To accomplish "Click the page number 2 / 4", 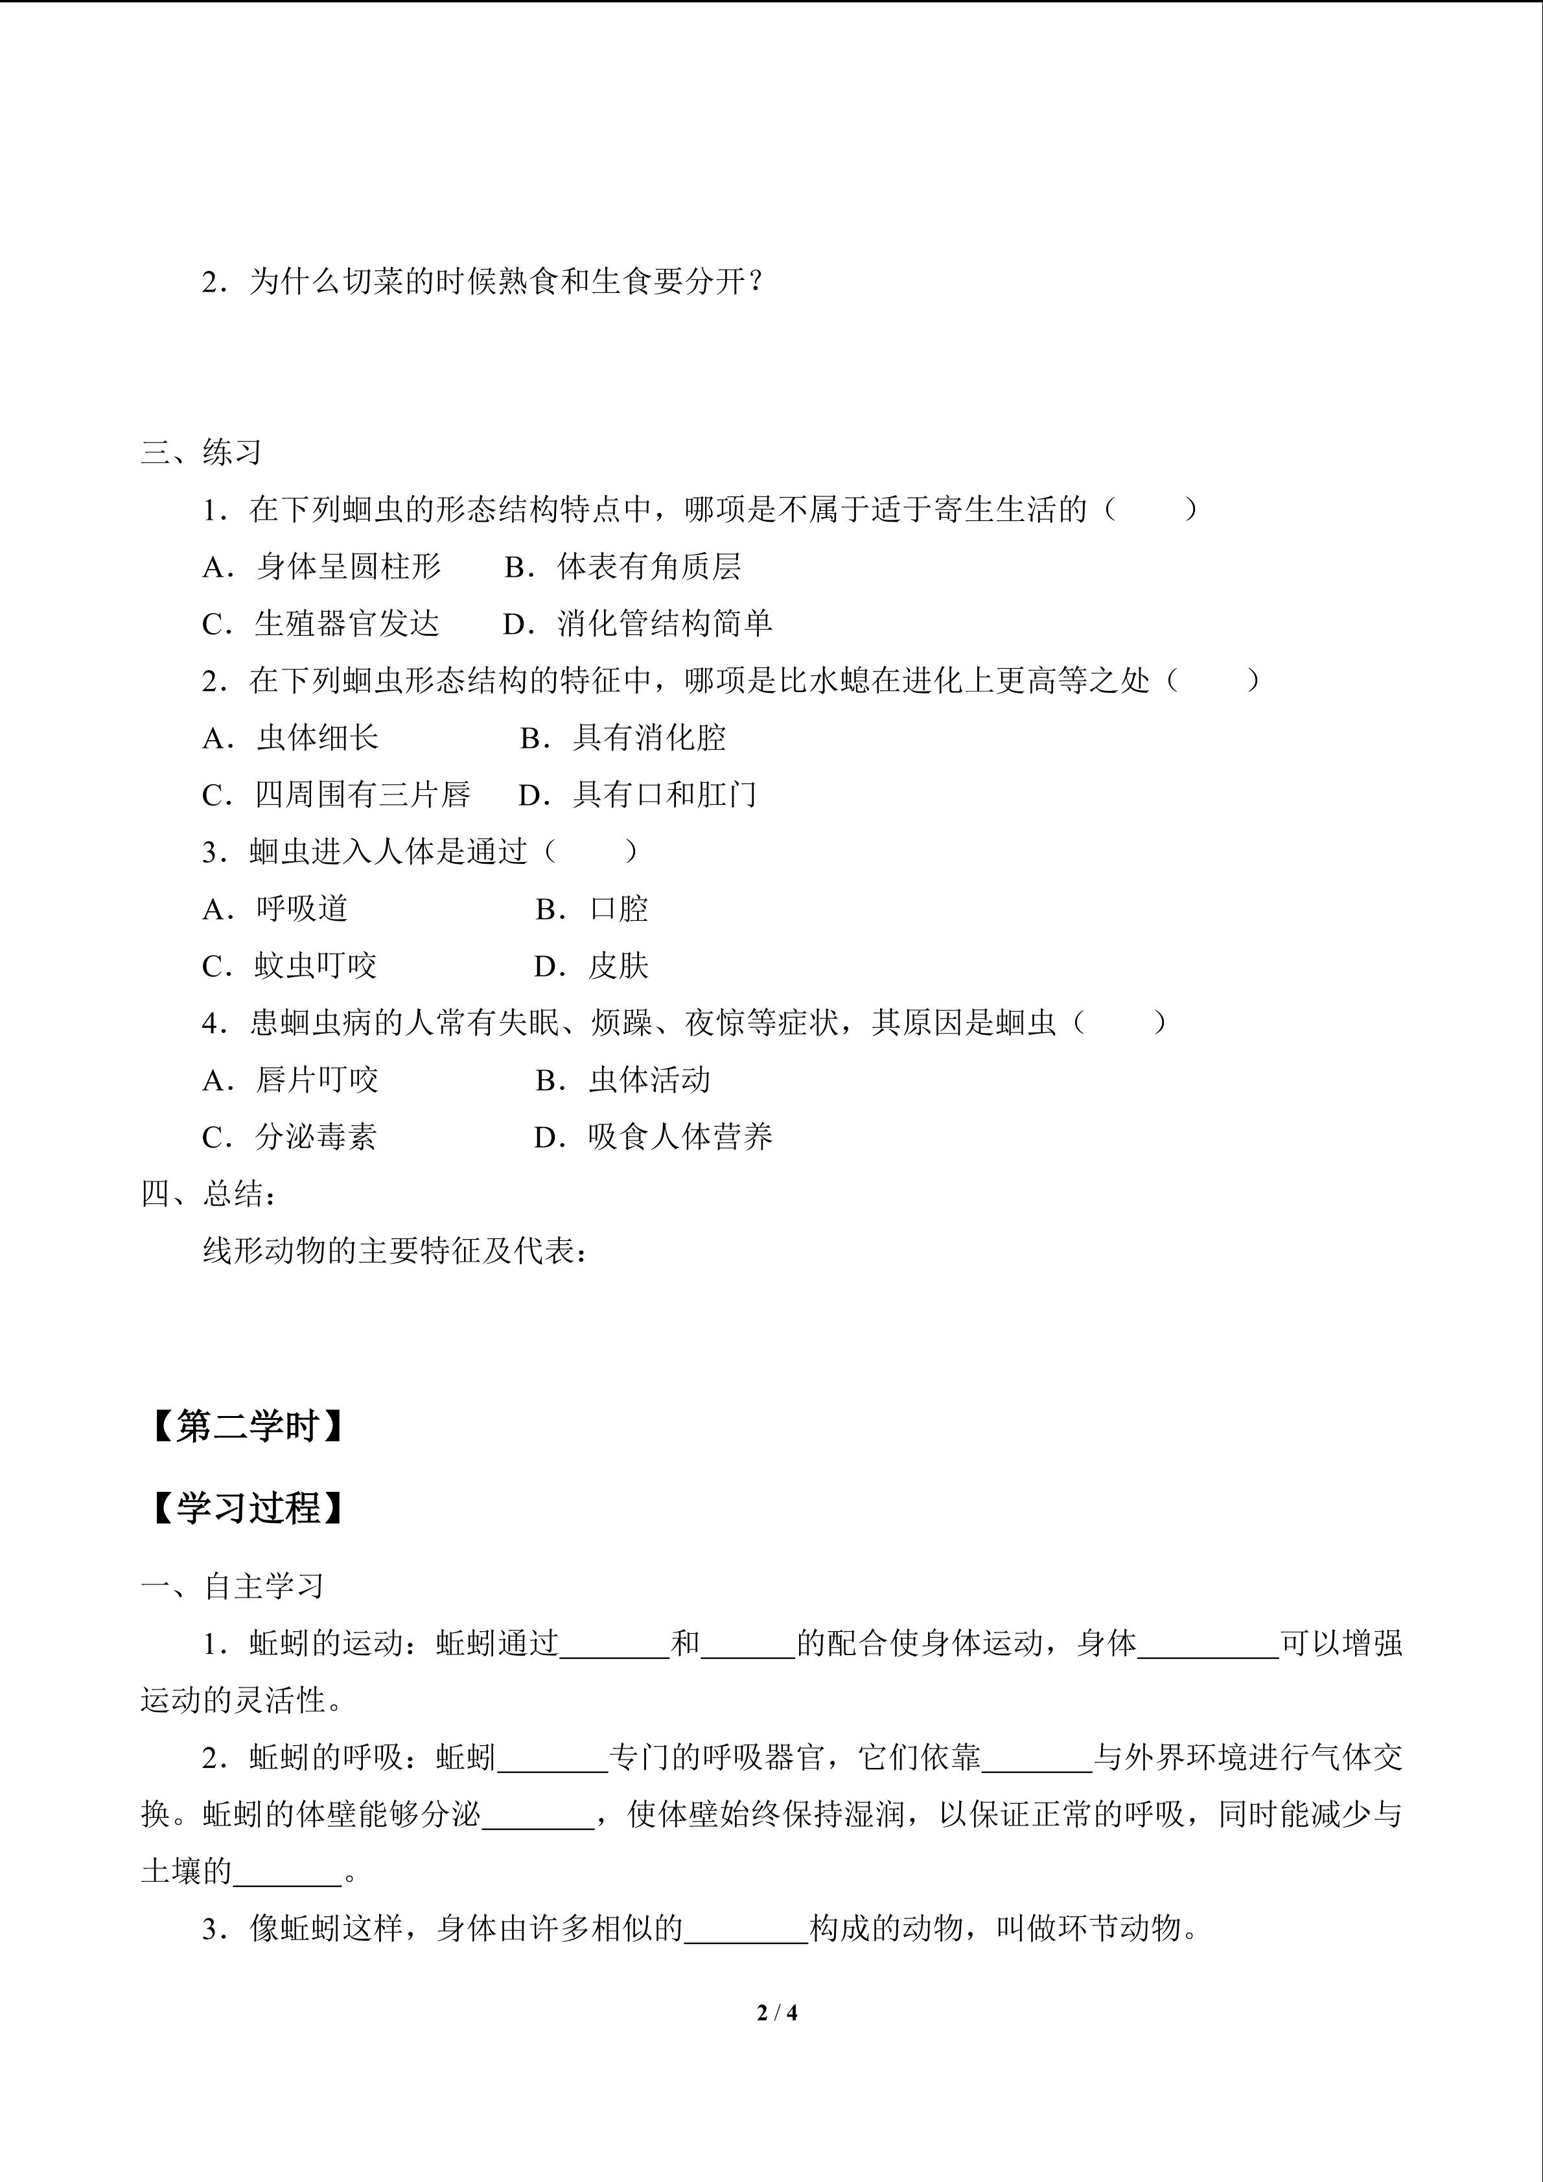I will [x=776, y=2012].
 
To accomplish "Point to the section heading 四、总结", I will [x=209, y=1194].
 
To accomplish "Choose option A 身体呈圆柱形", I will [x=322, y=567].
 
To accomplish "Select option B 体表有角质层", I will [x=623, y=567].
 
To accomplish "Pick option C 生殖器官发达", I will [x=321, y=624].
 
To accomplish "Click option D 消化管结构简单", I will [x=638, y=624].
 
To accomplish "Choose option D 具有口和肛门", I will [x=638, y=795].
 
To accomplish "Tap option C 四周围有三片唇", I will [x=336, y=795].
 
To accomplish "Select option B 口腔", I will [x=592, y=909].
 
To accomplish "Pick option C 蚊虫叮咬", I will [x=290, y=966].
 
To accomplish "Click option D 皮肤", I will [x=592, y=966].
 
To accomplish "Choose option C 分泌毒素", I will [x=290, y=1137].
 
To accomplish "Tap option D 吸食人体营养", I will [x=654, y=1137].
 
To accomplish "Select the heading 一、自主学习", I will [x=233, y=1586].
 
